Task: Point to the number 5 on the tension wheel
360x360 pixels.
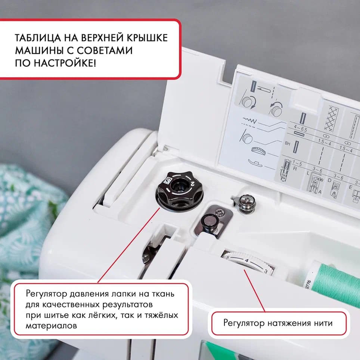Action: tap(228, 257)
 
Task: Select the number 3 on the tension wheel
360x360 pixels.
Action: tap(266, 271)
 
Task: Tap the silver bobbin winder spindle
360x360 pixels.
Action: tap(246, 204)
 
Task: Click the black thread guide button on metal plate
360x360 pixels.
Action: tap(208, 221)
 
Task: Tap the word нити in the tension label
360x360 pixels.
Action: tap(323, 323)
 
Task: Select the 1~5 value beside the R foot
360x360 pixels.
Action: tap(297, 163)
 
